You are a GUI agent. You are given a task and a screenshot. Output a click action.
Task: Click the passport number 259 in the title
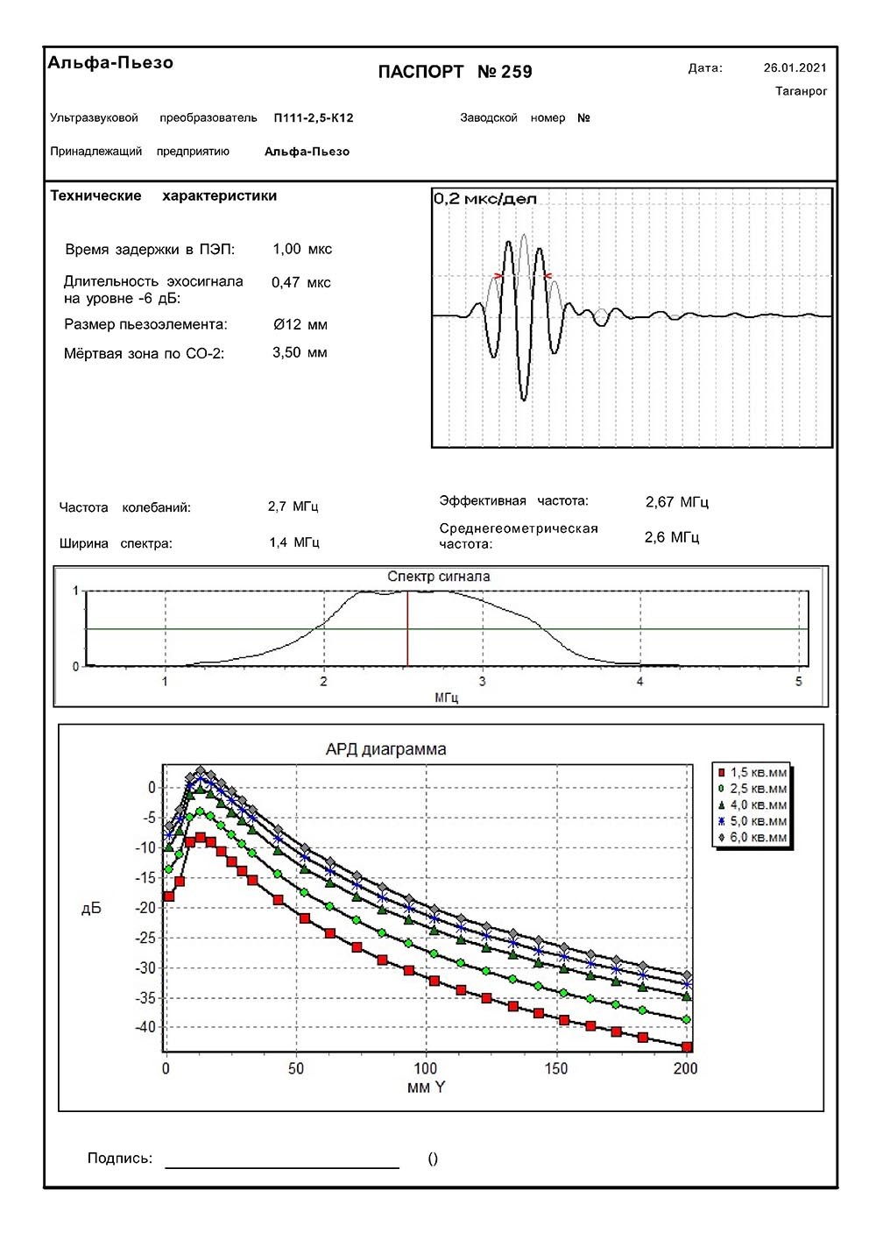[x=516, y=72]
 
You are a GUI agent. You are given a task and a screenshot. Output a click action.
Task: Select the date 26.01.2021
[x=795, y=67]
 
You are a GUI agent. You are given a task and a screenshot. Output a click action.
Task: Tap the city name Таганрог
[x=801, y=91]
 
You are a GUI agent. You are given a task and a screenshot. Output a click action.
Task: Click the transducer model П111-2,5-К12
[x=313, y=117]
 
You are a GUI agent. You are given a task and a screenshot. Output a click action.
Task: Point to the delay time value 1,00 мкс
[x=302, y=249]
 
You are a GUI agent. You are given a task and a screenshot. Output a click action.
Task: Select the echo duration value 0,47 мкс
[x=301, y=282]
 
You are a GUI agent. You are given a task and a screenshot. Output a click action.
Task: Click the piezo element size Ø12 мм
[x=300, y=324]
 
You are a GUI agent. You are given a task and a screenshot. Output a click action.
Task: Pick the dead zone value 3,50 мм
[x=300, y=352]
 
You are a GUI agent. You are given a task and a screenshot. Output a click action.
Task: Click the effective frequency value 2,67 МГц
[x=676, y=502]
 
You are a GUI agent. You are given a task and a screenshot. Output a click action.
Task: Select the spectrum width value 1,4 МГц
[x=294, y=542]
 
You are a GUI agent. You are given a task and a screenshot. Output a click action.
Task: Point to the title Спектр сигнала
[x=439, y=577]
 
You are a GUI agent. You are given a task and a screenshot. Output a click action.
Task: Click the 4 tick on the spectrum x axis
[x=640, y=682]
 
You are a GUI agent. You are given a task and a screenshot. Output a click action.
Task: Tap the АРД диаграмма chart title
[x=385, y=749]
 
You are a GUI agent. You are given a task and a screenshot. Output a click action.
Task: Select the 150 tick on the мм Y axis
[x=555, y=1068]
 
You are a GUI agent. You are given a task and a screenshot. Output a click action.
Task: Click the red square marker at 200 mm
[x=687, y=1046]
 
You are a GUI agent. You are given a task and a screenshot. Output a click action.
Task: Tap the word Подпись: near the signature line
[x=120, y=1159]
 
